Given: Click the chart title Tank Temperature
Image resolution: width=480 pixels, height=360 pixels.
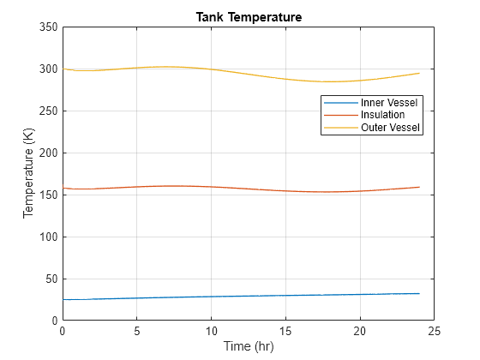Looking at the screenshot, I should [x=249, y=17].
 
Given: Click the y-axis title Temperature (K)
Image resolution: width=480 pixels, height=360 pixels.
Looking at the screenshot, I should [x=29, y=174].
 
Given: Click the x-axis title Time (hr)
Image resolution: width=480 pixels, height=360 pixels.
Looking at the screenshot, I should [x=249, y=346].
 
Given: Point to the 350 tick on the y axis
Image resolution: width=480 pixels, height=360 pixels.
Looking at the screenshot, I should [x=48, y=27].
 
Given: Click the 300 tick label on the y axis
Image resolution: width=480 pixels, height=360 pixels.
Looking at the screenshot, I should [x=48, y=69].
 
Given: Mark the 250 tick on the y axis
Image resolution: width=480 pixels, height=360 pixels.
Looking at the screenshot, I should [x=48, y=111].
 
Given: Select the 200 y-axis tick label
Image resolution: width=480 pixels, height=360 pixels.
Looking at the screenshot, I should [x=48, y=153].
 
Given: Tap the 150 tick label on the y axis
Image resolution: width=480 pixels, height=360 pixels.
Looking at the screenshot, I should [x=48, y=195].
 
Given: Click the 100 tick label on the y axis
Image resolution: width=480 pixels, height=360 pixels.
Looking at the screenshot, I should [x=48, y=237].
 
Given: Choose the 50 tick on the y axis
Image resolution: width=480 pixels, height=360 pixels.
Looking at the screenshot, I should [x=51, y=279].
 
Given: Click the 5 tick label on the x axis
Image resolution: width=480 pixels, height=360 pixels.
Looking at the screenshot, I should [x=137, y=331].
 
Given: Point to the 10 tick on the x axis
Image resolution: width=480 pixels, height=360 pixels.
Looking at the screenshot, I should [x=212, y=331].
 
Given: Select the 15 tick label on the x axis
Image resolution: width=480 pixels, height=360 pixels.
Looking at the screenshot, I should [x=286, y=331].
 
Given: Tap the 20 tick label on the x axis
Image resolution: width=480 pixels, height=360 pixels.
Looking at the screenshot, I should [x=360, y=331].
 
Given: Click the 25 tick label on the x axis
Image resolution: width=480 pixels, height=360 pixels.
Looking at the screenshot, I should [x=435, y=331].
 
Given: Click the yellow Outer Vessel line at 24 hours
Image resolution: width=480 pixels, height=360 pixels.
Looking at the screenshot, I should [x=420, y=73].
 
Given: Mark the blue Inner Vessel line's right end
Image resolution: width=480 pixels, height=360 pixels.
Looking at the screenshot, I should [x=420, y=293].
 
